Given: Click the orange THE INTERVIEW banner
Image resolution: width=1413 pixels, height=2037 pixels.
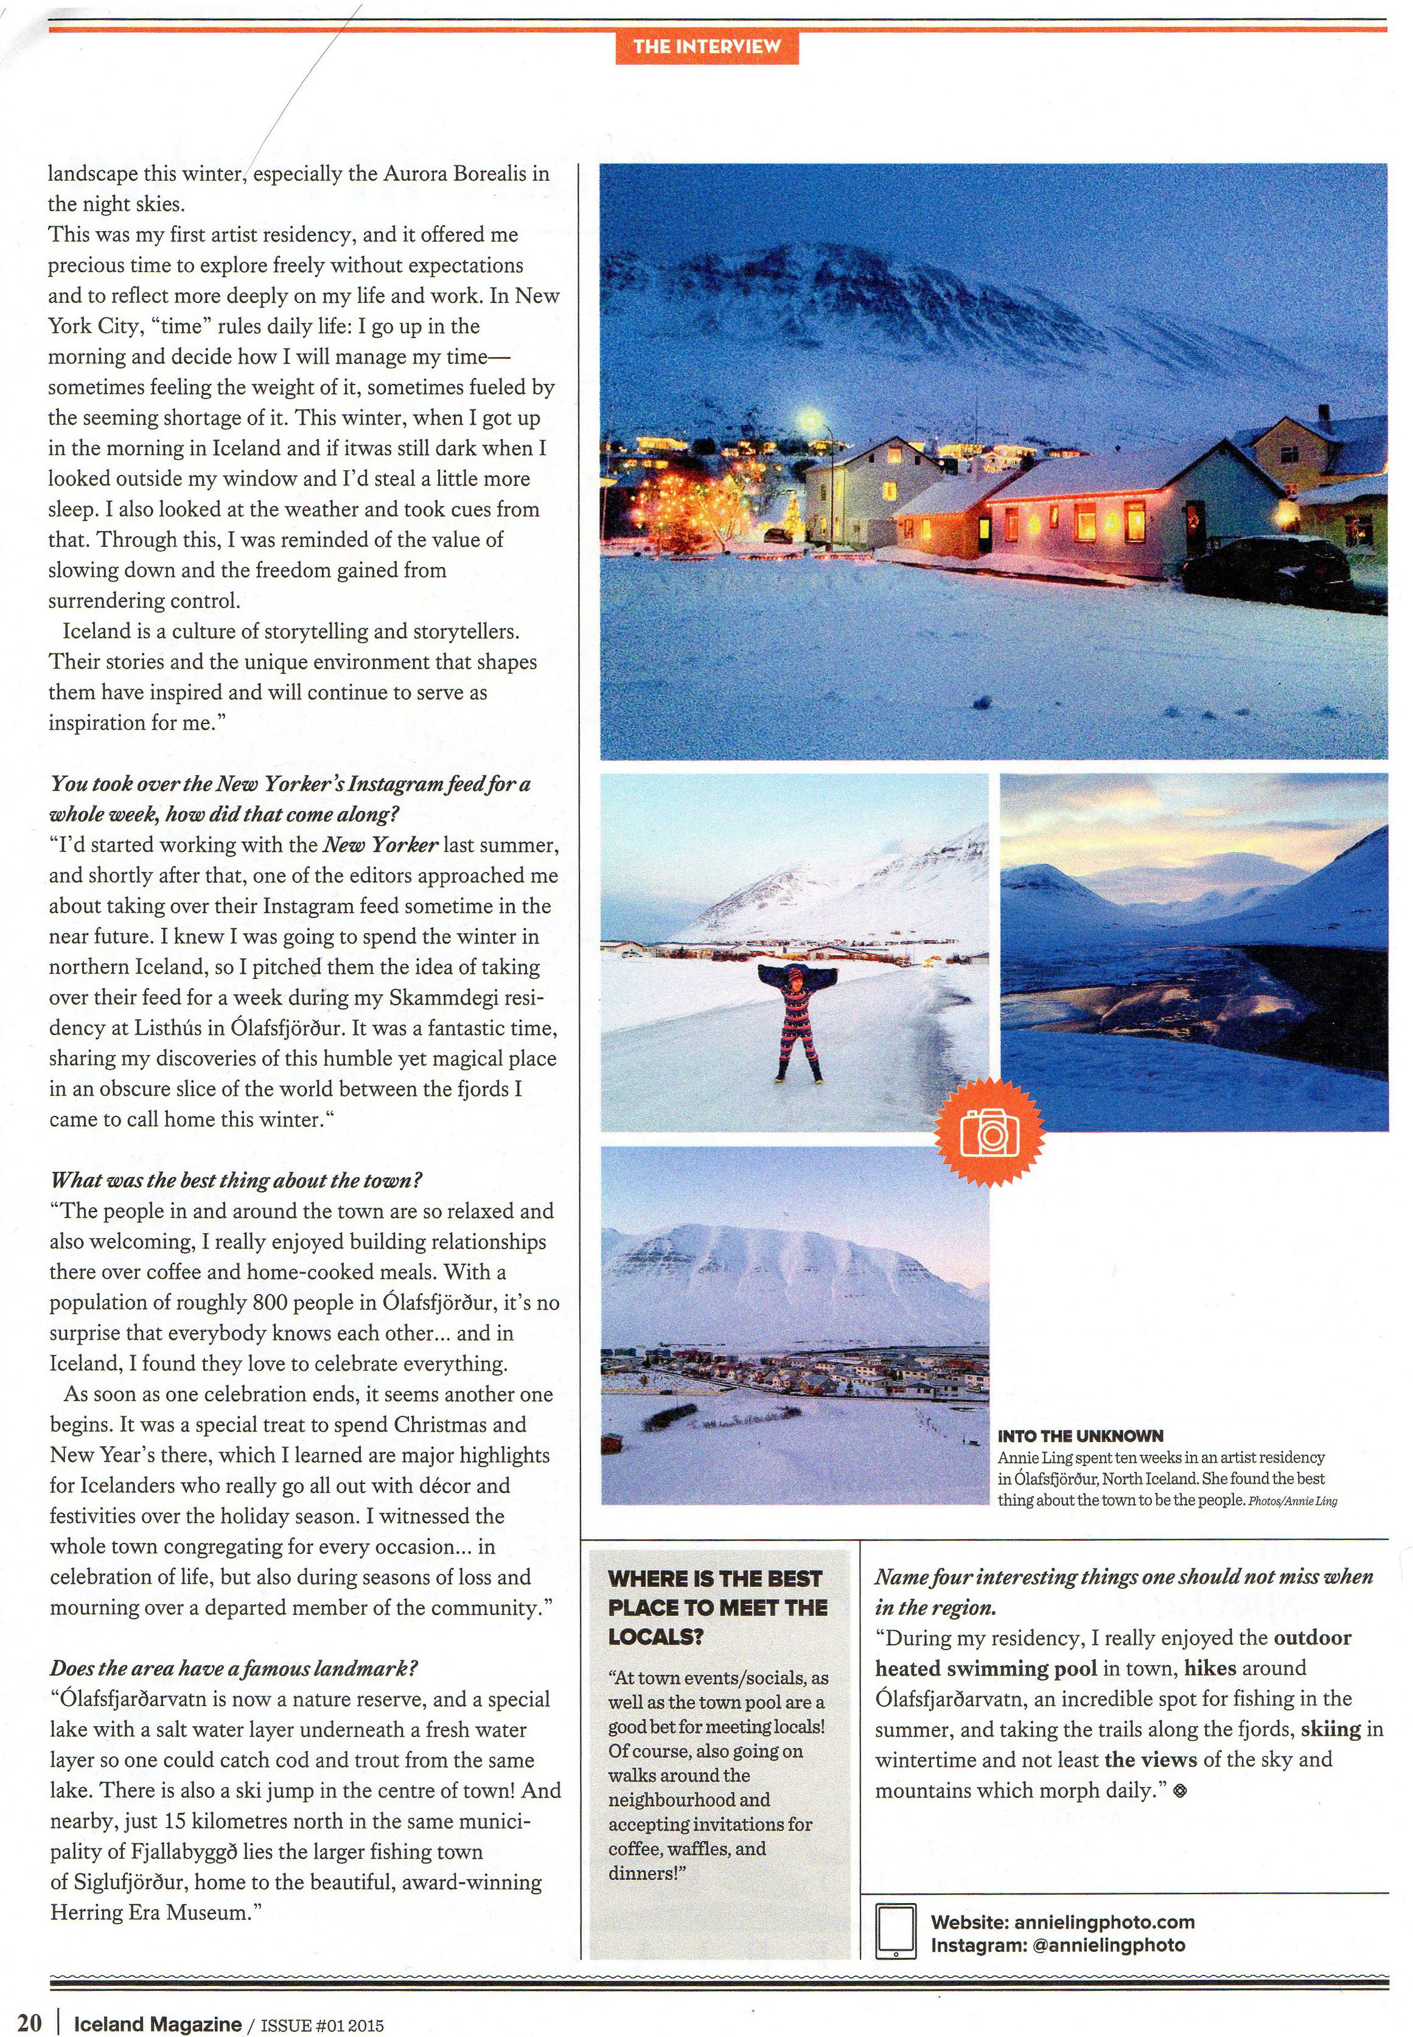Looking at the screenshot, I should [706, 46].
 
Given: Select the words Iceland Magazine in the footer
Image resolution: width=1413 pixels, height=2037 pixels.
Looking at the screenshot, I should [157, 2023].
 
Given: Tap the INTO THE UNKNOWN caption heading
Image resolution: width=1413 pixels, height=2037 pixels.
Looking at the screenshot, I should [1080, 1435].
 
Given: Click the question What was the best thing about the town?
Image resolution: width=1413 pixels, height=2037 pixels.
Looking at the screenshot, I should [236, 1180].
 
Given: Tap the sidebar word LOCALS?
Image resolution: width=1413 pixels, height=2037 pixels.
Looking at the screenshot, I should [655, 1636].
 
